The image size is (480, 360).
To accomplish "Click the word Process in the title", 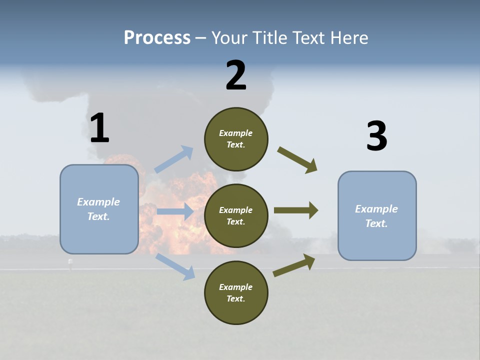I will pyautogui.click(x=157, y=38).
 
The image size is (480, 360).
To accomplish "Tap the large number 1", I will pyautogui.click(x=99, y=128).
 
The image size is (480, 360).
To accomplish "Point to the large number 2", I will pyautogui.click(x=236, y=75).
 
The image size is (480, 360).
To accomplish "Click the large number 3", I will pyautogui.click(x=376, y=136).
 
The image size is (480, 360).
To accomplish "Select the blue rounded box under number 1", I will pyautogui.click(x=99, y=209).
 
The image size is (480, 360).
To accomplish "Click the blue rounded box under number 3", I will pyautogui.click(x=377, y=215).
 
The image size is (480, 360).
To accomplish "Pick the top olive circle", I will pyautogui.click(x=236, y=139).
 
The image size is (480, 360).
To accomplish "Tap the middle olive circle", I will pyautogui.click(x=236, y=215).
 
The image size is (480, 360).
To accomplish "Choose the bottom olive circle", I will pyautogui.click(x=236, y=292).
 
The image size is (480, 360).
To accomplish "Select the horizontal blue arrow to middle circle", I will pyautogui.click(x=175, y=211).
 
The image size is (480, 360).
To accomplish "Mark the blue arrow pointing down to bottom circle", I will pyautogui.click(x=175, y=266).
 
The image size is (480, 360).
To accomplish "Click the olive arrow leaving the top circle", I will pyautogui.click(x=297, y=160).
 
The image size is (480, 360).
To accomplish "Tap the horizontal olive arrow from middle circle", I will pyautogui.click(x=296, y=210).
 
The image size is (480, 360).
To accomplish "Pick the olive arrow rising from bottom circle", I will pyautogui.click(x=294, y=265).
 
